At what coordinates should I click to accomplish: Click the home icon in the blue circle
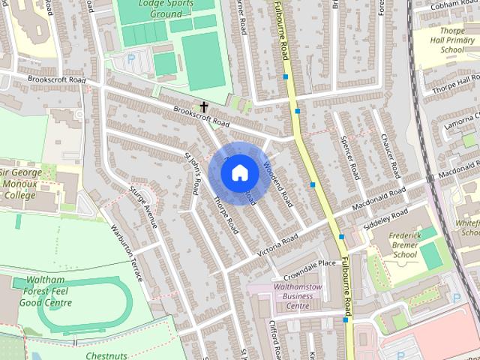[x=238, y=172]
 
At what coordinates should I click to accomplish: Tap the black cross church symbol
[x=204, y=107]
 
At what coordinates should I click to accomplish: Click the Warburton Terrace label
[x=126, y=253]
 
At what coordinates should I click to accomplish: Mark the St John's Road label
[x=193, y=172]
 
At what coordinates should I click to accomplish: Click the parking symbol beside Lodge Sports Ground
[x=131, y=58]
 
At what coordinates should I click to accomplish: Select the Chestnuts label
[x=106, y=355]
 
